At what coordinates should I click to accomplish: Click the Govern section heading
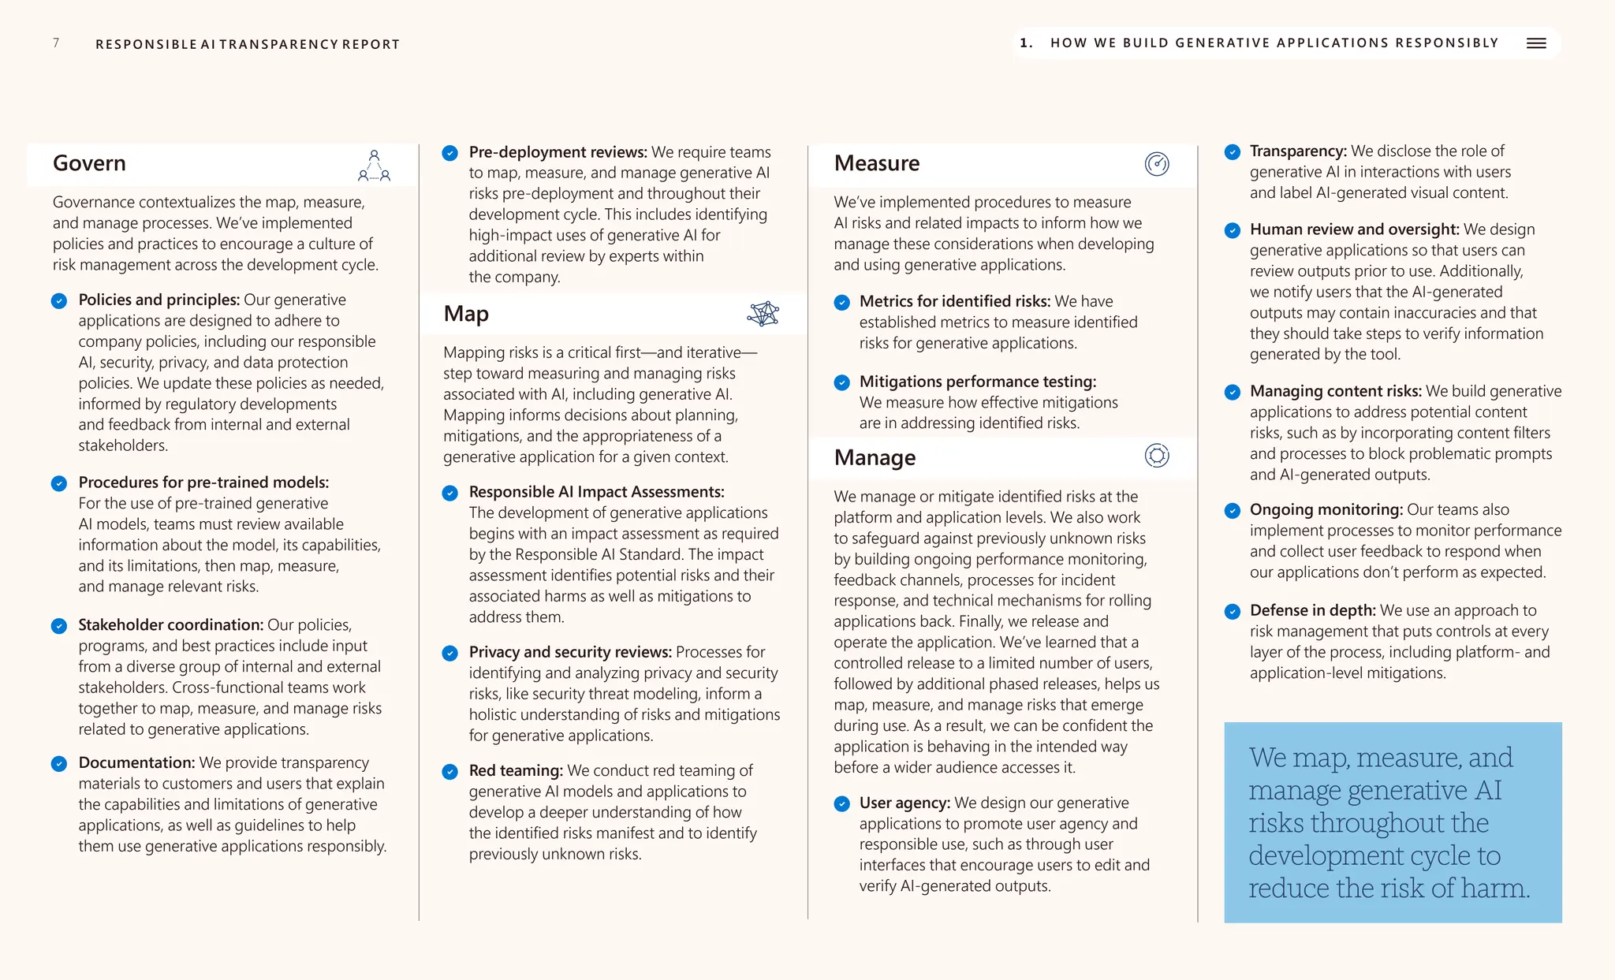[89, 163]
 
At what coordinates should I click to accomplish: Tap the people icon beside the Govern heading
[375, 166]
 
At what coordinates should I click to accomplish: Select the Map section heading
[466, 314]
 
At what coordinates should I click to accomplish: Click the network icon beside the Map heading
[763, 314]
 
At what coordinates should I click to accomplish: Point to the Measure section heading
[877, 163]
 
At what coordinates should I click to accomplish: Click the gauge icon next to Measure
[1157, 164]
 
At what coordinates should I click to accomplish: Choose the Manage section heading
[875, 457]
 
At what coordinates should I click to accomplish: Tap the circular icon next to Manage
[1157, 456]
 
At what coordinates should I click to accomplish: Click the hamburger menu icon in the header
[1536, 43]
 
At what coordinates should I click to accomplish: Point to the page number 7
[56, 43]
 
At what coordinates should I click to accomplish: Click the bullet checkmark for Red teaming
[450, 772]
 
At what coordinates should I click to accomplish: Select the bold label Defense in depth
[1312, 610]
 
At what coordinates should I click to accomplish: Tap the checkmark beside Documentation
[59, 764]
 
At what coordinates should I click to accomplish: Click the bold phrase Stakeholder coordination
[170, 624]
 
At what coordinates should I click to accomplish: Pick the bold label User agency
[904, 803]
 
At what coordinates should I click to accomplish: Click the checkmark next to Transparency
[1233, 152]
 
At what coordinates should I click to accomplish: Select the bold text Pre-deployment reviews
[558, 152]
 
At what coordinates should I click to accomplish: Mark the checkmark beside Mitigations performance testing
[842, 383]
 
